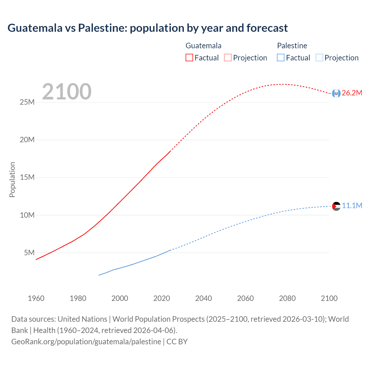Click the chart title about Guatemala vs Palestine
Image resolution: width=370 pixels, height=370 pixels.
147,28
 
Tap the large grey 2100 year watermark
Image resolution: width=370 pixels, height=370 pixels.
67,92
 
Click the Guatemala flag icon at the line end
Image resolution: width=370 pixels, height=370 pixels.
336,93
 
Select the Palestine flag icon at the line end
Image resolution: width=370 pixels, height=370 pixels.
336,206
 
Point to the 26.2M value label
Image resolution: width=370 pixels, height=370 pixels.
352,93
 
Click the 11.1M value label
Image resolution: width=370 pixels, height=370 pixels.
352,206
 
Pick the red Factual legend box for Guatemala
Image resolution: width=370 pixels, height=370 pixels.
189,58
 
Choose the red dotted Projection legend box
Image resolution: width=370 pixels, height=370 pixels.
228,58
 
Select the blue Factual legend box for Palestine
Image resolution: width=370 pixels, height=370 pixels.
281,58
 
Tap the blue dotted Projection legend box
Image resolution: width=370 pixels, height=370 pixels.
319,58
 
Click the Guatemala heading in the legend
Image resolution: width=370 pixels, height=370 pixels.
203,46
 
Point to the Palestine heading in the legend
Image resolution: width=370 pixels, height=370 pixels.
292,46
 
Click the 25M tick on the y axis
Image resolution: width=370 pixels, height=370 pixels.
27,102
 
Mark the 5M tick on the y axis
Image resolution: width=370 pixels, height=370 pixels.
29,253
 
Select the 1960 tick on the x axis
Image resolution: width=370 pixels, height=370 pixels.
36,298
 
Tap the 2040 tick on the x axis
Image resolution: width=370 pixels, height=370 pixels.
203,298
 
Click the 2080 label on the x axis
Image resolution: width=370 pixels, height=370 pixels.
287,298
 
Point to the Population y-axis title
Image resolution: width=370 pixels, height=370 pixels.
12,180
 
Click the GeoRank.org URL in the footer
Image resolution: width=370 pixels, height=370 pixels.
86,342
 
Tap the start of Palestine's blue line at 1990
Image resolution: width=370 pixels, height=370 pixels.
99,275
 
